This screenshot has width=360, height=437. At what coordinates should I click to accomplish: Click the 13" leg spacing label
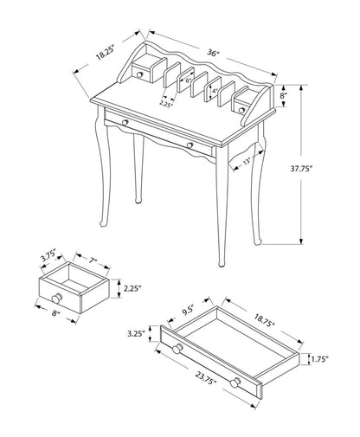click(x=247, y=160)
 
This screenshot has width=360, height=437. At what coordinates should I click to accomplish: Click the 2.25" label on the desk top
click(x=166, y=103)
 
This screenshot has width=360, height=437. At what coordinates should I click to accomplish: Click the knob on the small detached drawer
click(x=36, y=302)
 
